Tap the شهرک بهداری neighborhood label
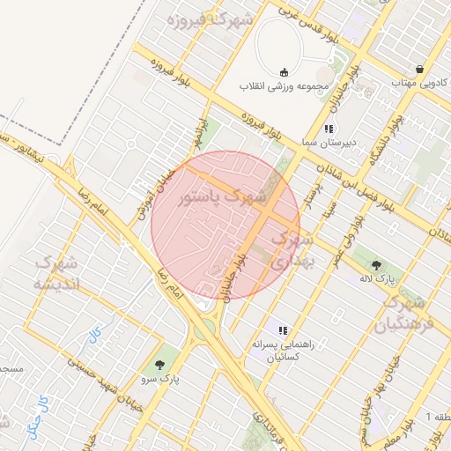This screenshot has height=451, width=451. pyautogui.click(x=291, y=250)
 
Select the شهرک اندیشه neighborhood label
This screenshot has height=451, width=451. pyautogui.click(x=56, y=273)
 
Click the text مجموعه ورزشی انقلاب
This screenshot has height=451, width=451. pyautogui.click(x=283, y=87)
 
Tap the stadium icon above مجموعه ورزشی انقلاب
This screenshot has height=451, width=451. pyautogui.click(x=284, y=72)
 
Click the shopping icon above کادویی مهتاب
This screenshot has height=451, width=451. pyautogui.click(x=421, y=68)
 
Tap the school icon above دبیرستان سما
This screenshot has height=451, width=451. pyautogui.click(x=329, y=129)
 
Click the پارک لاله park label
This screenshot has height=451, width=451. pyautogui.click(x=377, y=278)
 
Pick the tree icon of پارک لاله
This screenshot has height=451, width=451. pyautogui.click(x=377, y=264)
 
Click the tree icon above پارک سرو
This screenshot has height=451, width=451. pyautogui.click(x=159, y=364)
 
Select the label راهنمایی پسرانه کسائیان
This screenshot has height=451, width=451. pyautogui.click(x=283, y=351)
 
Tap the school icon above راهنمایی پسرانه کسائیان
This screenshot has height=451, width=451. pyautogui.click(x=283, y=330)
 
